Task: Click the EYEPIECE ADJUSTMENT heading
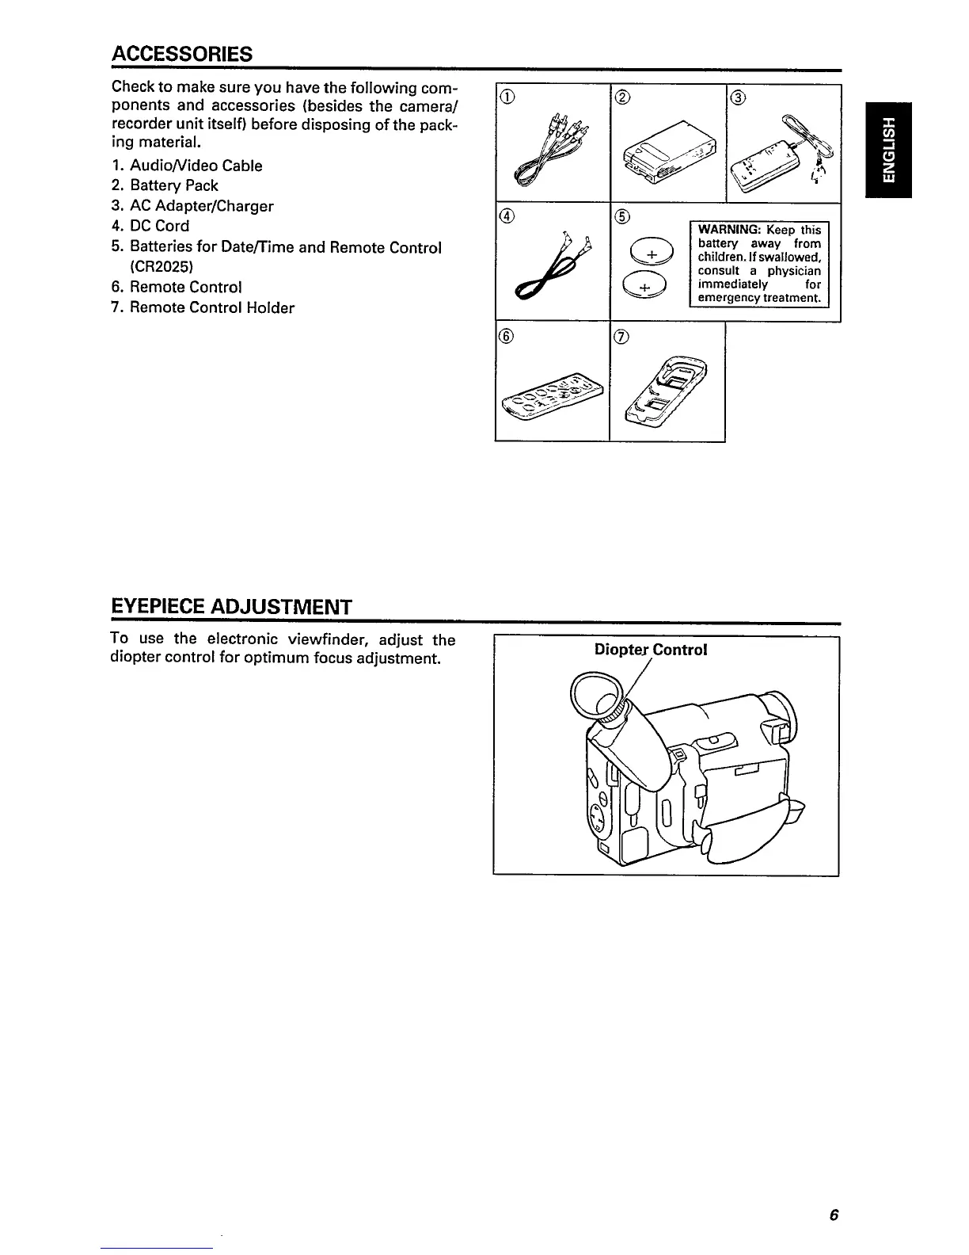pos(230,607)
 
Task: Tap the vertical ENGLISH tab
pos(888,151)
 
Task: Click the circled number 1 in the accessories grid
pos(507,98)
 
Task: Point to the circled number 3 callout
pos(738,98)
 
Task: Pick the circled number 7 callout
pos(621,338)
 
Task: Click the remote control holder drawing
pos(667,388)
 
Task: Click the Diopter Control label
pos(650,650)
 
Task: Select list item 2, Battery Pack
pos(173,185)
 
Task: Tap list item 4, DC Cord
pos(159,226)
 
